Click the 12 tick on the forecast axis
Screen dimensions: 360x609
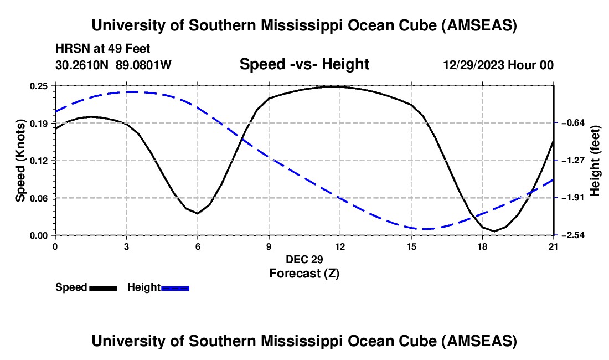(340, 246)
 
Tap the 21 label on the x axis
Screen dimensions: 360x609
(554, 246)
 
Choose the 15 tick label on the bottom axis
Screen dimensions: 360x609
(411, 246)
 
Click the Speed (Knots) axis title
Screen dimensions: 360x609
(20, 161)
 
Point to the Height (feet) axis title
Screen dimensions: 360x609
(596, 161)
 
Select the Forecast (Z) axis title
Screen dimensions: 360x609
(304, 274)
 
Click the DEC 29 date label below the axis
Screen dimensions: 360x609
(304, 259)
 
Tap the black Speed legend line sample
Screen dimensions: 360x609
(103, 288)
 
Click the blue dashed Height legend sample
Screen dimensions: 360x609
(175, 288)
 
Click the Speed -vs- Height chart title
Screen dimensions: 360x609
(304, 65)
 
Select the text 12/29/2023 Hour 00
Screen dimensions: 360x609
(498, 65)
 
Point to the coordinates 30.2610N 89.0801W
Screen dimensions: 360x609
(113, 65)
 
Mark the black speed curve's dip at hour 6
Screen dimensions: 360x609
(197, 213)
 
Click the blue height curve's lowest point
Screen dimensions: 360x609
(424, 229)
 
